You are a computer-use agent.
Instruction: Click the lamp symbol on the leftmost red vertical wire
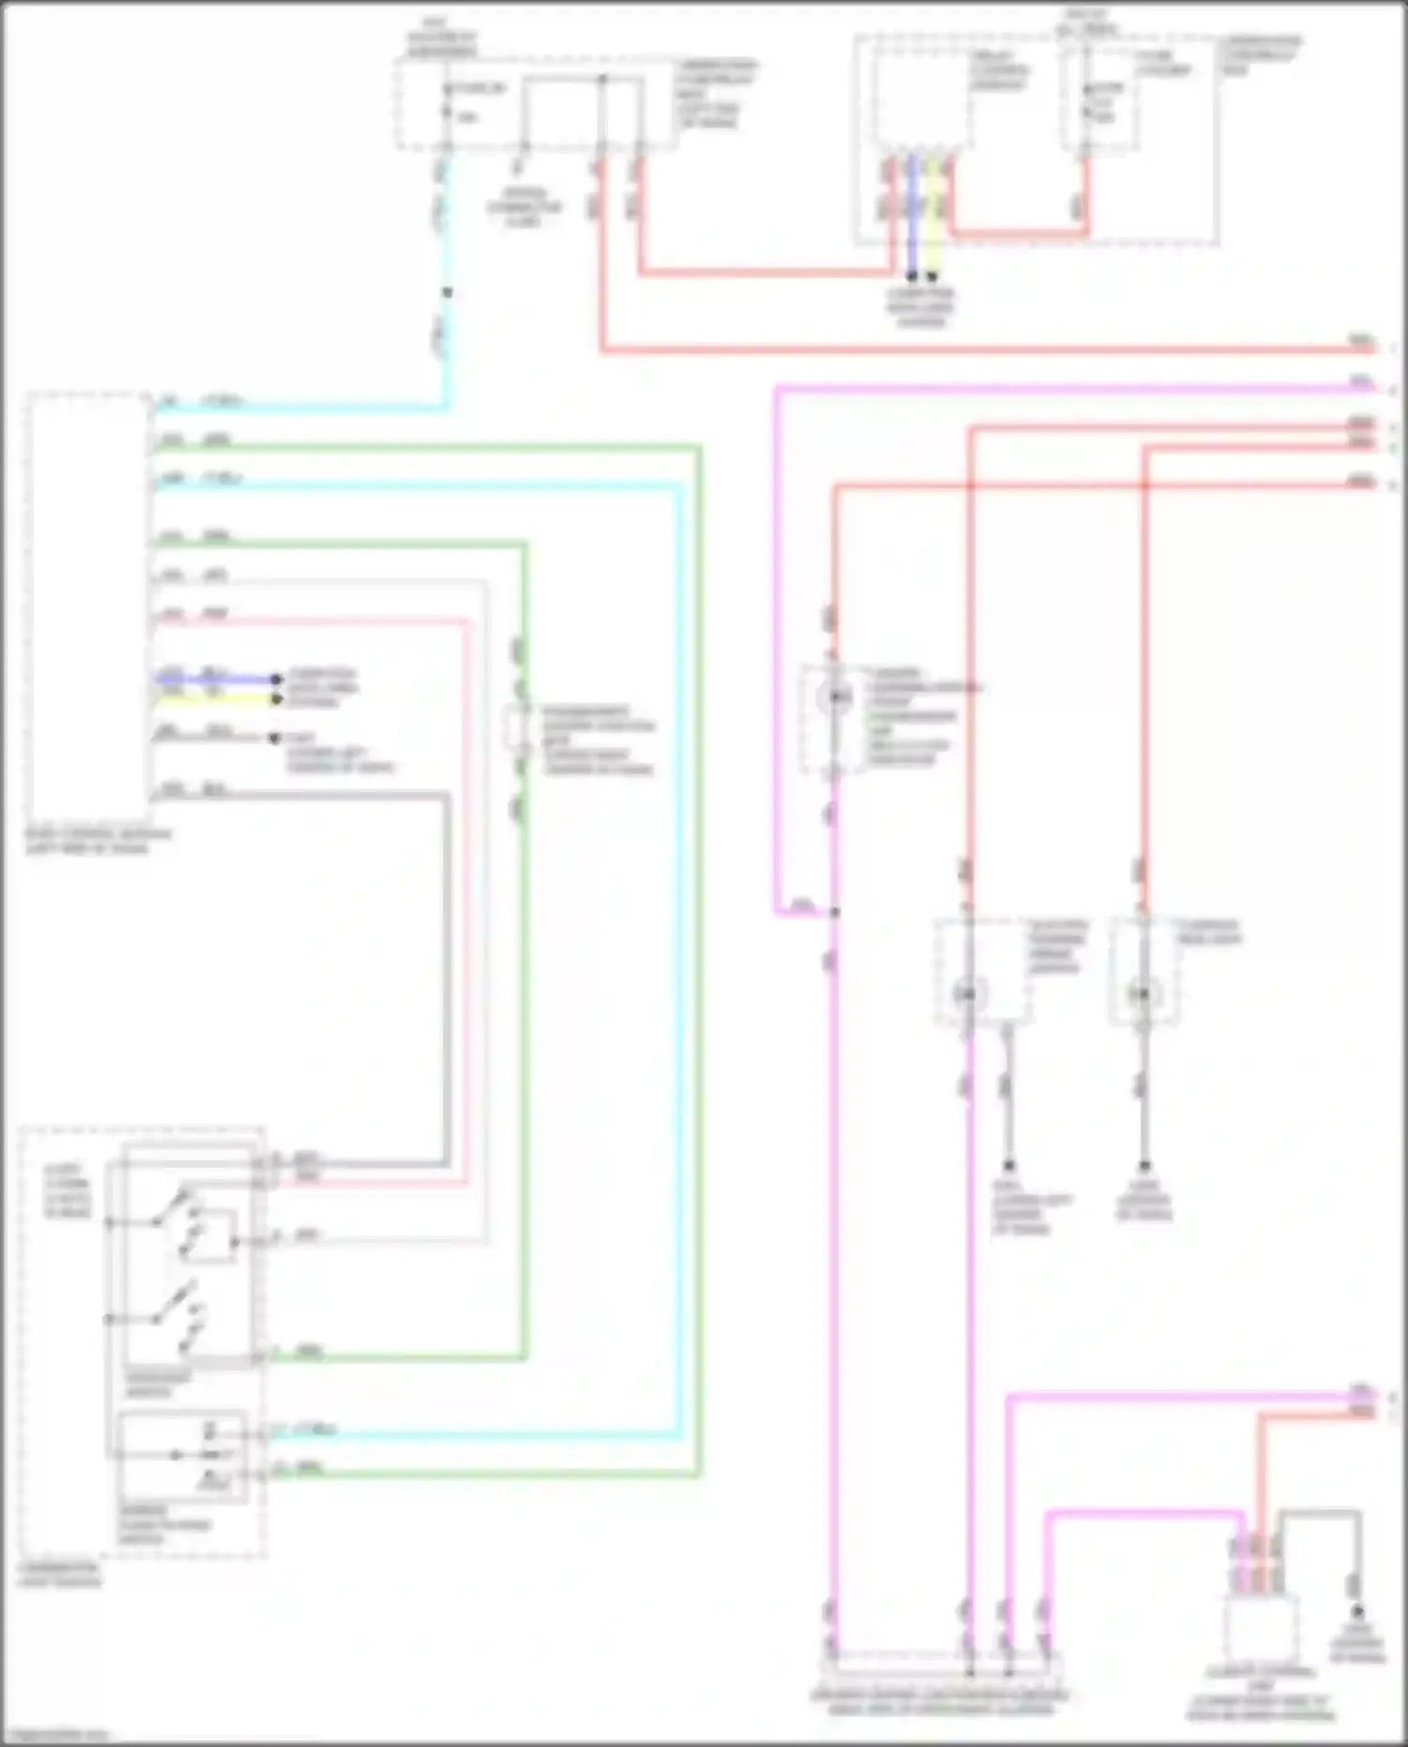point(833,697)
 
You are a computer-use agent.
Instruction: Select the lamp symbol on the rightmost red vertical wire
point(1142,993)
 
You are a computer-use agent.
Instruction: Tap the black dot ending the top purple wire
point(911,277)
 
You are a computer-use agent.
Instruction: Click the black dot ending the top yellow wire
point(932,277)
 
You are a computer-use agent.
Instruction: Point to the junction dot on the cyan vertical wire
point(447,293)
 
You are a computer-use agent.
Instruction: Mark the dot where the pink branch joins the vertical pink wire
point(834,912)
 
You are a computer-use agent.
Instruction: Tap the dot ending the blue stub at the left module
point(276,679)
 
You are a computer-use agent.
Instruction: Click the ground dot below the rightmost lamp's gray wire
point(1144,1167)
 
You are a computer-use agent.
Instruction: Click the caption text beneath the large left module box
point(98,840)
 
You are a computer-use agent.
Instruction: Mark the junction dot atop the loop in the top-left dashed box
point(602,79)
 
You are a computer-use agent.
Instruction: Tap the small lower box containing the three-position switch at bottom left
point(182,1456)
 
